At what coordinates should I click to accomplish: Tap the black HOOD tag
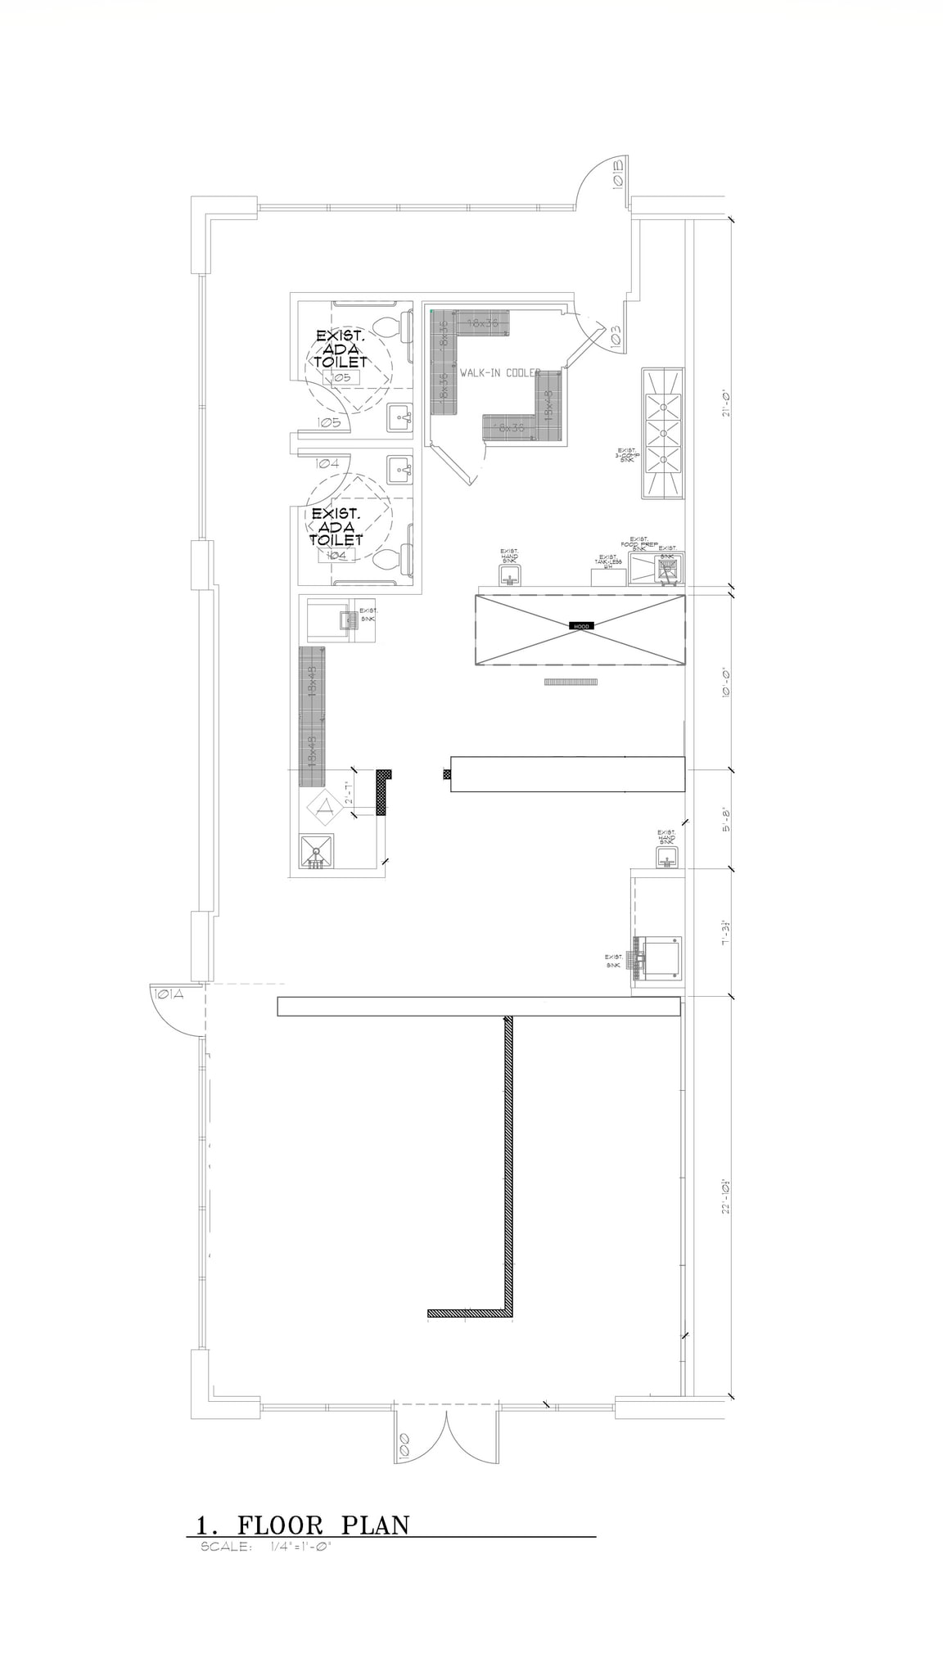click(x=581, y=626)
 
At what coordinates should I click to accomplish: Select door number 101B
click(x=618, y=173)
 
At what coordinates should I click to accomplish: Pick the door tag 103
click(x=616, y=335)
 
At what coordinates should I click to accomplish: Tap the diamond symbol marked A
click(x=324, y=807)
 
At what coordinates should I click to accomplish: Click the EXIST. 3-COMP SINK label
click(x=627, y=456)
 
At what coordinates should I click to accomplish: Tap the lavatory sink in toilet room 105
click(x=400, y=418)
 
